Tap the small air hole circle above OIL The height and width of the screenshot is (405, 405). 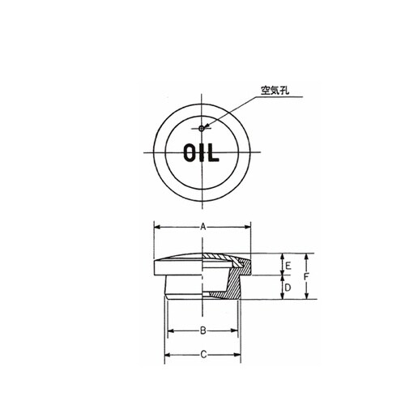point(202,127)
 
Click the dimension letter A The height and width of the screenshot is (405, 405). point(202,229)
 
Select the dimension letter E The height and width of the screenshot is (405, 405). point(285,265)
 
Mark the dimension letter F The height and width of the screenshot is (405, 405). point(308,277)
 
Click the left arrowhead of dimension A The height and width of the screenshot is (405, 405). point(156,229)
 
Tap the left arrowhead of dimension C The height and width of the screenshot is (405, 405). point(168,355)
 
